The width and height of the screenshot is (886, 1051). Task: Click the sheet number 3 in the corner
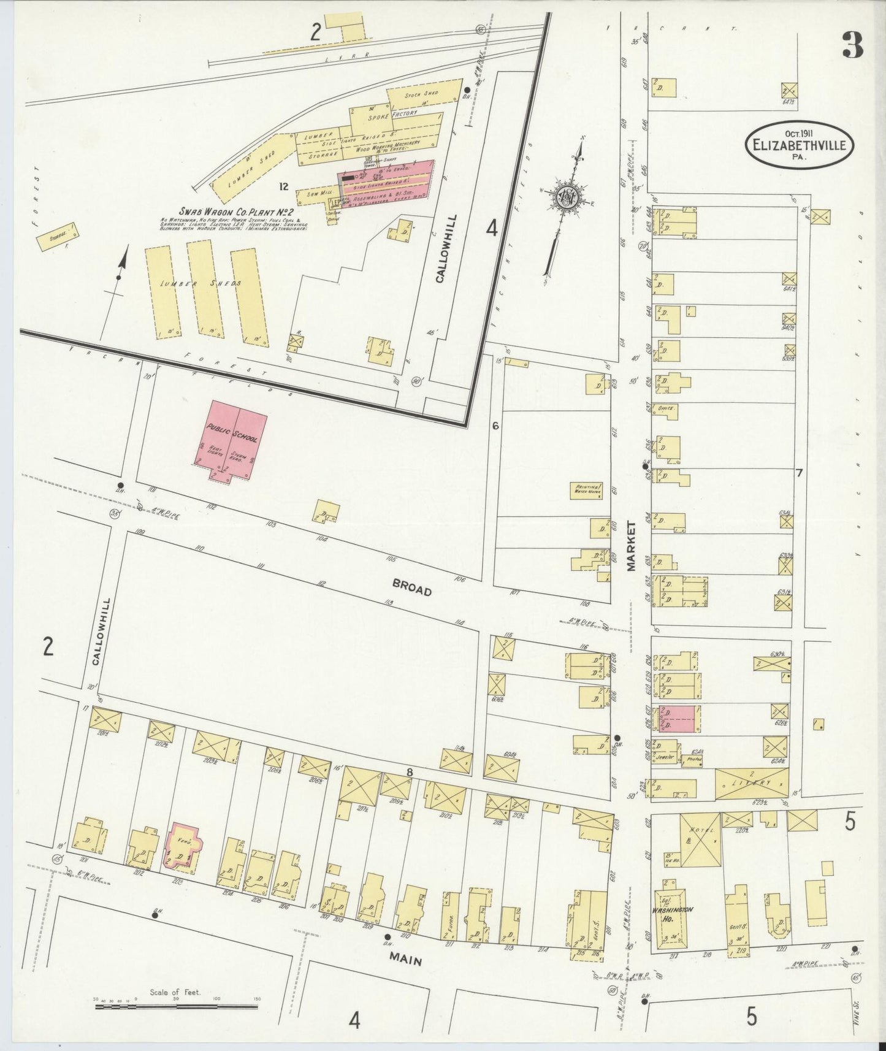point(852,45)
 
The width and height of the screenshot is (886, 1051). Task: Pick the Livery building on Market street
point(752,783)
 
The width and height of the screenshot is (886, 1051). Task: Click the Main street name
point(405,961)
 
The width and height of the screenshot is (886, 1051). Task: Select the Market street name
point(632,546)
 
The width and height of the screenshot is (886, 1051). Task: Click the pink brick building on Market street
point(678,719)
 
